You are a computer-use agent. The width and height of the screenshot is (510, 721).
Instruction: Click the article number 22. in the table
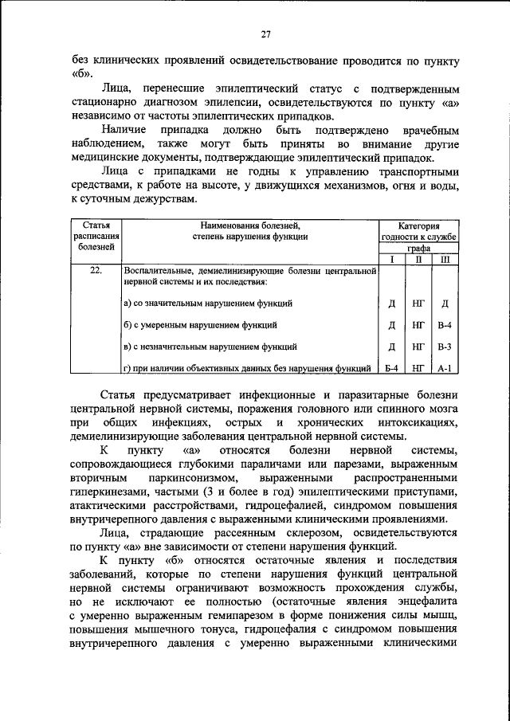[x=96, y=271]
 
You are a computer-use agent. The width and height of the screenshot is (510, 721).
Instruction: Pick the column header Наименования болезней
[x=249, y=225]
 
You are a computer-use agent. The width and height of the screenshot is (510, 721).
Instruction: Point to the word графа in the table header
[x=418, y=248]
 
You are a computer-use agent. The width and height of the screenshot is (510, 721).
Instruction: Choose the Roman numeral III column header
[x=445, y=260]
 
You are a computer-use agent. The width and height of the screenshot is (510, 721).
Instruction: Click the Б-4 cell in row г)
[x=391, y=368]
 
